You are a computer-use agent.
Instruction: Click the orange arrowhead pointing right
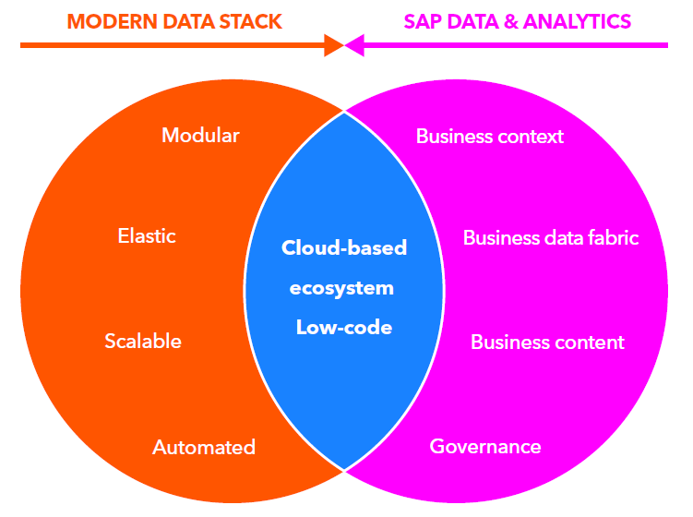pos(333,43)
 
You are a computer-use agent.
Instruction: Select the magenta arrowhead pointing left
pos(356,43)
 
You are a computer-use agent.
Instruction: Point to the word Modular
pos(200,136)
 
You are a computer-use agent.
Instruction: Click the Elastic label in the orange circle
pos(147,235)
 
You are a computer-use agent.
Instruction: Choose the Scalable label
pos(143,342)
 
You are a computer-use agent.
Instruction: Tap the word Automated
pos(204,448)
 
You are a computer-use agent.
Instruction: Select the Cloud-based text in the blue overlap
pos(344,248)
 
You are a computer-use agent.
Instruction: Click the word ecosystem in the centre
pos(341,288)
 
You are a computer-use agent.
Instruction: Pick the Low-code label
pos(344,328)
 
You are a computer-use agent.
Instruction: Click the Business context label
pos(490,137)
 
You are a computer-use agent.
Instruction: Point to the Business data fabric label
pos(551,237)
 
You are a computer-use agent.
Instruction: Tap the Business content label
pos(547,343)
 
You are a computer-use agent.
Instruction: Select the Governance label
pos(485,447)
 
